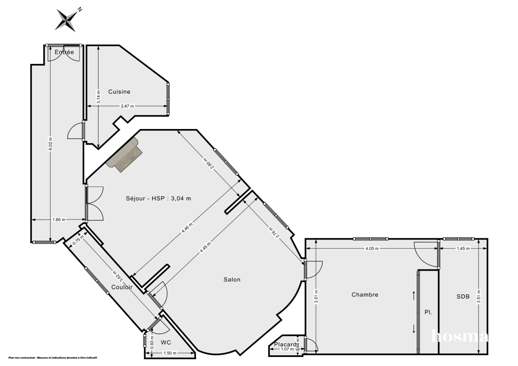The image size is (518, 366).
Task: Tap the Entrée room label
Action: (x=64, y=52)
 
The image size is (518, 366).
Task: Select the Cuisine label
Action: (x=119, y=91)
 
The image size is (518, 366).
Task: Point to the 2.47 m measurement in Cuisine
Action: (x=127, y=106)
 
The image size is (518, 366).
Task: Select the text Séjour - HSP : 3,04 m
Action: (x=158, y=199)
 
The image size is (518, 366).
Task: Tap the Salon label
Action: (x=232, y=279)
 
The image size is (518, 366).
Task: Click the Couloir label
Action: (x=121, y=287)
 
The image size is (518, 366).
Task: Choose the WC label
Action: (x=166, y=342)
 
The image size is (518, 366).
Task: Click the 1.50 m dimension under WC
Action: (x=170, y=353)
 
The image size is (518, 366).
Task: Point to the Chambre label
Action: (x=365, y=295)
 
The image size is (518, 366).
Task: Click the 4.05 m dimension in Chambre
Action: (x=372, y=249)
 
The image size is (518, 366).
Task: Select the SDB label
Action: (x=462, y=297)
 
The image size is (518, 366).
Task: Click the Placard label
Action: (x=285, y=344)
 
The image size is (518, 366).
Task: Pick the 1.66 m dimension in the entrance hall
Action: (x=59, y=220)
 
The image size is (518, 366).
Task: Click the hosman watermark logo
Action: (x=460, y=336)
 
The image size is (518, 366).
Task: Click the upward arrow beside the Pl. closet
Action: (x=414, y=296)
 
